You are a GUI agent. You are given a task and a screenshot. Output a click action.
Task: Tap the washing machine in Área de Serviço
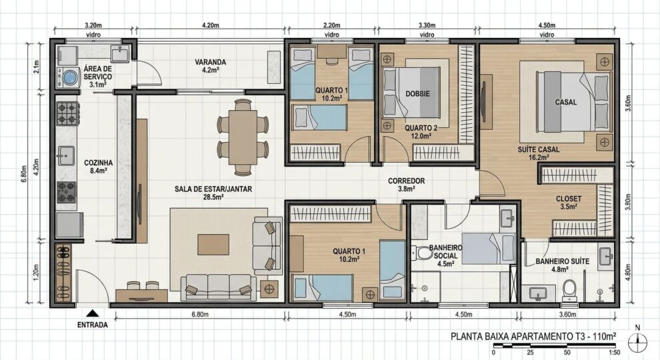click(x=69, y=78)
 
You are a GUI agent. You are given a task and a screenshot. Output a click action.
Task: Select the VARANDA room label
click(x=210, y=66)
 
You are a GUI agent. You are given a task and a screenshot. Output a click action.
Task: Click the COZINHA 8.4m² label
click(x=98, y=166)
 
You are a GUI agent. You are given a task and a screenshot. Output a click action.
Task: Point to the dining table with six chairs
click(x=243, y=133)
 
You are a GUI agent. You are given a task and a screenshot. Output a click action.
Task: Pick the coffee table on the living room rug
click(x=213, y=244)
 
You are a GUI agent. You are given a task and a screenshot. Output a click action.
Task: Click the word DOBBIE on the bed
click(x=417, y=94)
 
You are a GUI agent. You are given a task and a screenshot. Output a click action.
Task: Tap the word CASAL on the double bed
click(x=565, y=103)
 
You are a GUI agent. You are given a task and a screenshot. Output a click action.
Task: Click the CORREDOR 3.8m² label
click(x=407, y=185)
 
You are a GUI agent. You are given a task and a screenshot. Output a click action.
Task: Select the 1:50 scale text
click(x=614, y=351)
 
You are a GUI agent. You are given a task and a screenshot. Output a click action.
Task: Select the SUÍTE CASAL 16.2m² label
click(x=538, y=153)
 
